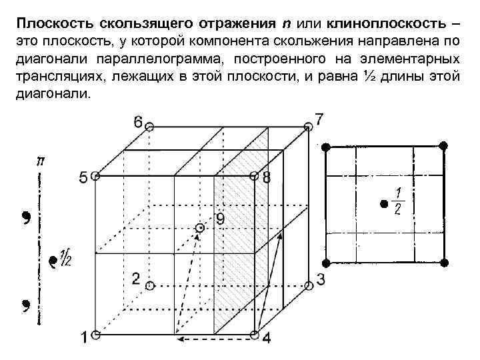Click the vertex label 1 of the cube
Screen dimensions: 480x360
(83, 338)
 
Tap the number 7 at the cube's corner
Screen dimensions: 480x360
(319, 119)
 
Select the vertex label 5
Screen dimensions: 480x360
(83, 177)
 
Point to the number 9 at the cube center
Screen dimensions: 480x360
(220, 219)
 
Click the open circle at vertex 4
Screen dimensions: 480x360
(253, 333)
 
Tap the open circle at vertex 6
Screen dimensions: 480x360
(150, 126)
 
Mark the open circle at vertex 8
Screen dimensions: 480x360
(253, 177)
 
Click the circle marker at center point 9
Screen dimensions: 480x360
(199, 229)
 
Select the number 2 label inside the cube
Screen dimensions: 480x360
(136, 278)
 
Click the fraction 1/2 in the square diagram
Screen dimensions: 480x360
(398, 201)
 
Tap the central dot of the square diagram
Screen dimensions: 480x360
(383, 203)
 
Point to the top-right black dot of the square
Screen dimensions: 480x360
(443, 145)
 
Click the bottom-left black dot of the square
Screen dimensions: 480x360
(326, 261)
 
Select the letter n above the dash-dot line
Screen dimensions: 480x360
(41, 162)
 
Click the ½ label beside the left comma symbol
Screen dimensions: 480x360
(65, 256)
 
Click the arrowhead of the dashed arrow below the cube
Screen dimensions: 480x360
(178, 339)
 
